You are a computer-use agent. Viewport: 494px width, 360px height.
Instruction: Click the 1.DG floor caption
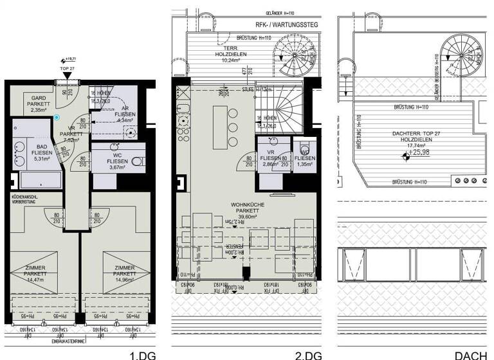coord(143,354)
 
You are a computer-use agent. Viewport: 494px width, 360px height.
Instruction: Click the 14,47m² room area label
coord(34,280)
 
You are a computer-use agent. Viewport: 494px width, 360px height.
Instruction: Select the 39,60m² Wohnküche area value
coord(248,217)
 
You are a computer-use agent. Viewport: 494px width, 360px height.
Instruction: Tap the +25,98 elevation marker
coord(419,152)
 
